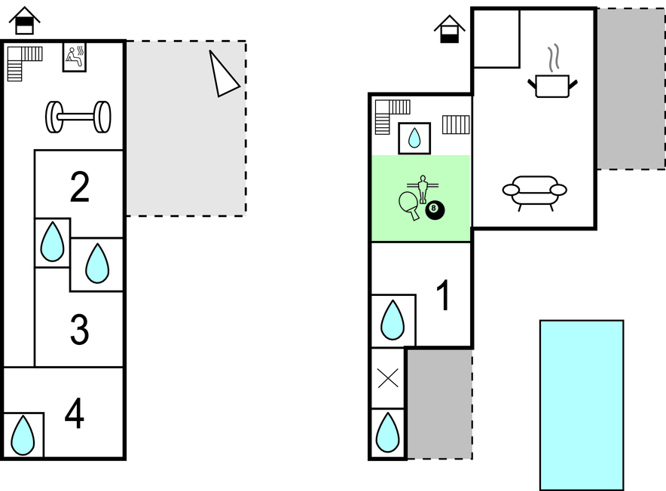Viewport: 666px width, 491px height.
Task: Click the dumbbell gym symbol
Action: (78, 117)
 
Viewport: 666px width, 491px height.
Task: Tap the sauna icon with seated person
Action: (75, 57)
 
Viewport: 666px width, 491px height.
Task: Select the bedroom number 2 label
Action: (79, 187)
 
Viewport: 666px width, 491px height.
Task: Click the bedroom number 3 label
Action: (79, 329)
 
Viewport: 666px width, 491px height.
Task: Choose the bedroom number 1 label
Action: (443, 295)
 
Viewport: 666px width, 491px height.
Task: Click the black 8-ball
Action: (435, 210)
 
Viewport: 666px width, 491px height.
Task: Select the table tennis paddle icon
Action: (409, 204)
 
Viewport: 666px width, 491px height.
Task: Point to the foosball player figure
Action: (423, 189)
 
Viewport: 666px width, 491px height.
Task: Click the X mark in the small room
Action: (388, 378)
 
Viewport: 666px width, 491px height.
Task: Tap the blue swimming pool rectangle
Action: (582, 405)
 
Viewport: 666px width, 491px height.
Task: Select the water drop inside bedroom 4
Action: (23, 435)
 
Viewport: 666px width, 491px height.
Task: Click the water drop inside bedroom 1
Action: (393, 320)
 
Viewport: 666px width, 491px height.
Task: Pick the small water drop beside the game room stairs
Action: (414, 138)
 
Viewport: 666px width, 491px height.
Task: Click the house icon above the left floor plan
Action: (25, 20)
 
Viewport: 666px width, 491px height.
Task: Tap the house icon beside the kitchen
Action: (449, 29)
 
